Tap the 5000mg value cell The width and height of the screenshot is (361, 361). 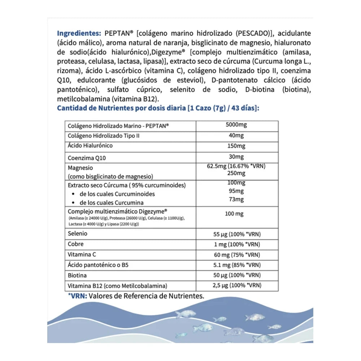tap(236, 125)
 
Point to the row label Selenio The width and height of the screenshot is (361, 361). tap(78, 234)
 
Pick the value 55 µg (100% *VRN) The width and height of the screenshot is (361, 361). tap(237, 234)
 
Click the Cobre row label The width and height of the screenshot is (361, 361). tap(76, 244)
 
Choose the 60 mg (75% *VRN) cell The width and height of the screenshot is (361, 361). tap(237, 255)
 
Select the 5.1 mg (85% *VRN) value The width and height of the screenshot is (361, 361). tap(237, 265)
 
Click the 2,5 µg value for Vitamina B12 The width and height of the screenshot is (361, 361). tap(237, 285)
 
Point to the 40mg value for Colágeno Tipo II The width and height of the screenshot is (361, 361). tap(236, 135)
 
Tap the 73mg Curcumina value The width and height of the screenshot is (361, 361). tap(236, 199)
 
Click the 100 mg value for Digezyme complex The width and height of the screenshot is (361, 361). tap(234, 214)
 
